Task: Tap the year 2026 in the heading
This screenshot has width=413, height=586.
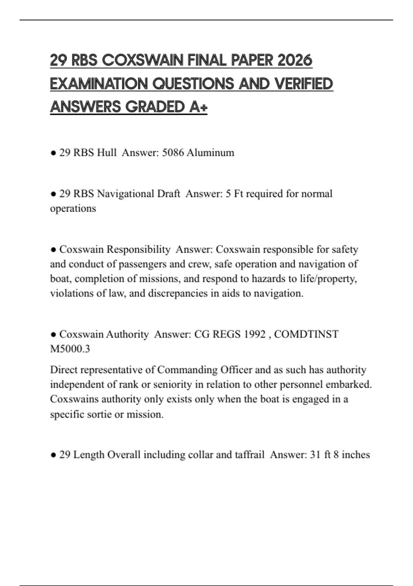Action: point(295,60)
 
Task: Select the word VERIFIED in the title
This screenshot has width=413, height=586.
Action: point(304,84)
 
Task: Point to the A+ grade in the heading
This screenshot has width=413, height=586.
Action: point(199,107)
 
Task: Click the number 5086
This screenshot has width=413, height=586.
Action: point(173,152)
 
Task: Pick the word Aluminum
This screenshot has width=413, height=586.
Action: point(210,152)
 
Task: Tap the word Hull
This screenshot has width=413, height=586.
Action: point(107,152)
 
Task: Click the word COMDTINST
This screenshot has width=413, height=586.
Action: point(306,334)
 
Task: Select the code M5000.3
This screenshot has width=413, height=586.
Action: point(70,349)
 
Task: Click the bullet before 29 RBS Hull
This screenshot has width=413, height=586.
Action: point(53,153)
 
